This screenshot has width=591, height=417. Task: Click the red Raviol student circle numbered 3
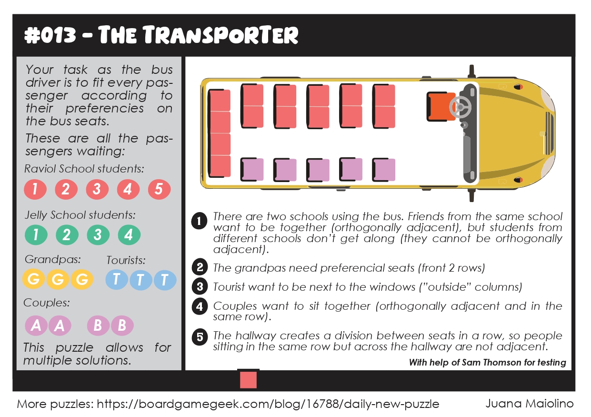tap(97, 189)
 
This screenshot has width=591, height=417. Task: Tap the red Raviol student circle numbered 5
tap(159, 189)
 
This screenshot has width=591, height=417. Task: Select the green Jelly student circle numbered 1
tap(36, 235)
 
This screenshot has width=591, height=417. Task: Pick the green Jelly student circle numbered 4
tap(129, 235)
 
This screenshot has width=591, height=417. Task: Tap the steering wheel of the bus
tap(461, 107)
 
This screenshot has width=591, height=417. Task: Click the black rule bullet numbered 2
tap(200, 267)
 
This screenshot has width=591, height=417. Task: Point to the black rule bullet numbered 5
tap(200, 337)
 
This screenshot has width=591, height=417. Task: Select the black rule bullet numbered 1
tap(199, 221)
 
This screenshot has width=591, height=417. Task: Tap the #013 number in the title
tap(50, 36)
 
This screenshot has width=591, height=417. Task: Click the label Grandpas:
tap(52, 259)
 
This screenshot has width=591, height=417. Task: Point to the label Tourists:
tap(126, 260)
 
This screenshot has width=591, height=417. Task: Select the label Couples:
tap(47, 303)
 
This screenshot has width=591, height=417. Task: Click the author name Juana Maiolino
tap(529, 403)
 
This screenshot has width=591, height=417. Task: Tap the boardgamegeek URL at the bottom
tap(268, 404)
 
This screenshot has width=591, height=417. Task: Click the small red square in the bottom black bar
tap(248, 380)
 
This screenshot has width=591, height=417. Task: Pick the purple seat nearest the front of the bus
tap(384, 170)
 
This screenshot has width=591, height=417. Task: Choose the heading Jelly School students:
tap(80, 215)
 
